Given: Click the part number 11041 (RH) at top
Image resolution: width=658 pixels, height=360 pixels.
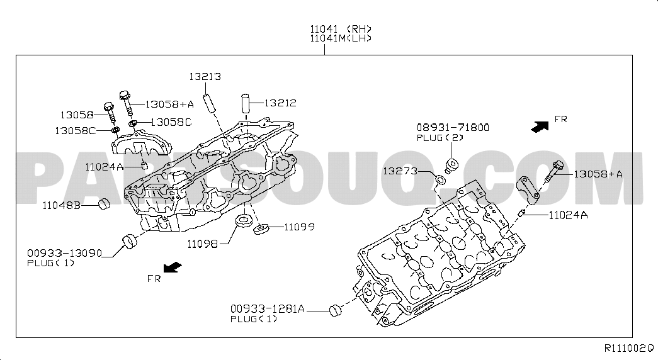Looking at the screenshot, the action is pos(341,29).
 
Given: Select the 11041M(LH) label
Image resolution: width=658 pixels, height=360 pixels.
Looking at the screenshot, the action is pos(341,38).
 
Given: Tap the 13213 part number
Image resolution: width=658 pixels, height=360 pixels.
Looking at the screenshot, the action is pos(205,77).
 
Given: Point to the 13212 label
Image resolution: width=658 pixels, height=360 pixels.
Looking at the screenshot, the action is pos(280,103).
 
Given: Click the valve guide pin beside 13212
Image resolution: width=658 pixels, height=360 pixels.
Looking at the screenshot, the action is pos(246,103).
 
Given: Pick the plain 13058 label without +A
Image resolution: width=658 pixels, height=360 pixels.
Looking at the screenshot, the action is pos(77,115).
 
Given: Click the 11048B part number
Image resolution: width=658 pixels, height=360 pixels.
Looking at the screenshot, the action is pos(61,206).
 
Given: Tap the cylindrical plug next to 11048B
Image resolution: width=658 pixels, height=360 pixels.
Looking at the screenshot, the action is pos(104,204).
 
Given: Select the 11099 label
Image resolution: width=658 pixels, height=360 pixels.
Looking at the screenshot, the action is pos(299,227).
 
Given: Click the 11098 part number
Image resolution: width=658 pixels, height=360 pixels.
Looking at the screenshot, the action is pos(202,244).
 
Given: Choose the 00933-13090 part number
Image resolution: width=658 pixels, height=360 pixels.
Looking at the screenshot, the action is pos(65,253).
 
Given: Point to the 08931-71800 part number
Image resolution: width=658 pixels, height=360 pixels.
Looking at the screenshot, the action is pos(453,127).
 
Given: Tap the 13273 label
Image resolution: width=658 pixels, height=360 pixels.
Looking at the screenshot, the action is pos(400,171).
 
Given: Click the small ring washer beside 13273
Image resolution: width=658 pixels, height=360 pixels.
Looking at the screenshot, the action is pos(440,179).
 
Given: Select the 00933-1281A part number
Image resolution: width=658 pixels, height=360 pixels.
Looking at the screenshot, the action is pos(268,309).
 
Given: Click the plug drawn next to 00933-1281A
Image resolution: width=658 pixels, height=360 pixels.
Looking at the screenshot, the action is pos(335,310).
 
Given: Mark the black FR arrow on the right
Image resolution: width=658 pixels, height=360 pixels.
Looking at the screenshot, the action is pos(540,127).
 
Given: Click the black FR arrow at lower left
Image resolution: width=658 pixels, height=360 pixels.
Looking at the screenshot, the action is pos(173,267).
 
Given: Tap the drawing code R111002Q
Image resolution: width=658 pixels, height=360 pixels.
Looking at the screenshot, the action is pos(629,348).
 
